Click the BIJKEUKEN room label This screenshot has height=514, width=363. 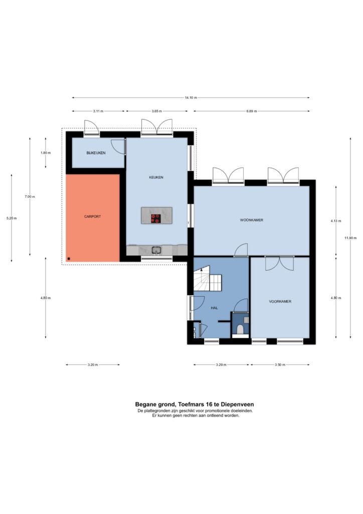pos(96,153)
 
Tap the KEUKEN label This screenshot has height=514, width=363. pos(156,177)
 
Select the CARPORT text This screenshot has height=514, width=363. pos(93,217)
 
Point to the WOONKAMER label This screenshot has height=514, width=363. pos(252,220)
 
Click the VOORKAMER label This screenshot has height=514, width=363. pos(280,302)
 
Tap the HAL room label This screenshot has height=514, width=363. pos(215,308)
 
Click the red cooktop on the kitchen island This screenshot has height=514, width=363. pos(156,219)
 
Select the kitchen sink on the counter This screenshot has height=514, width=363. pos(156,250)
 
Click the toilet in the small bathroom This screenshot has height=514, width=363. pos(240,329)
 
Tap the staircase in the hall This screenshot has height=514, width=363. pos(208,279)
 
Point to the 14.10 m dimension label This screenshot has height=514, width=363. pos(191,98)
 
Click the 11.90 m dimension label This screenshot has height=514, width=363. pos(350,238)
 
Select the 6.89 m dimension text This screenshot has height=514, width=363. pos(251,111)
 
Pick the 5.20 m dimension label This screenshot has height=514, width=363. pos(12,218)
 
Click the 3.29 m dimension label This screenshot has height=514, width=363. pos(221,365)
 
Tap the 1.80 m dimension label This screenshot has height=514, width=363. pos(46,153)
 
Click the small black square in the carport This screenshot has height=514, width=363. pos(69,259)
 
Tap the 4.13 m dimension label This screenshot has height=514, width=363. pos(336,221)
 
